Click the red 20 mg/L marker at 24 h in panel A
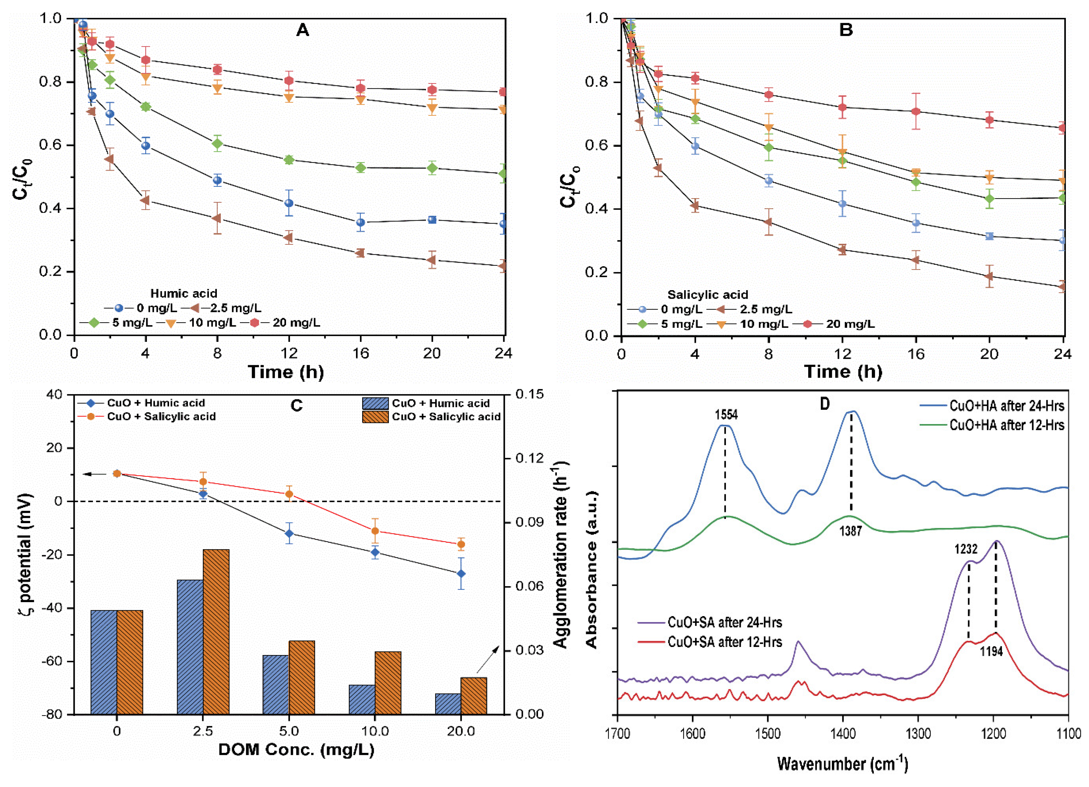click(503, 92)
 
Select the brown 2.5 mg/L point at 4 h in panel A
click(145, 200)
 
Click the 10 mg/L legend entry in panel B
click(764, 324)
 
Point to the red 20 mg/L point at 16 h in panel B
click(916, 111)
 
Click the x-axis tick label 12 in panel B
click(842, 354)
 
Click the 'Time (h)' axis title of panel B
click(843, 372)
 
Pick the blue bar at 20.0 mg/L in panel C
click(448, 704)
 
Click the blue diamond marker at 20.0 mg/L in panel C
click(461, 574)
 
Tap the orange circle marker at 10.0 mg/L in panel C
click(375, 531)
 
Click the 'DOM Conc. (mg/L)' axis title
click(296, 750)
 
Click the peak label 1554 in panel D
click(726, 415)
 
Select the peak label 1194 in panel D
click(991, 652)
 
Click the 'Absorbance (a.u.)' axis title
click(592, 569)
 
